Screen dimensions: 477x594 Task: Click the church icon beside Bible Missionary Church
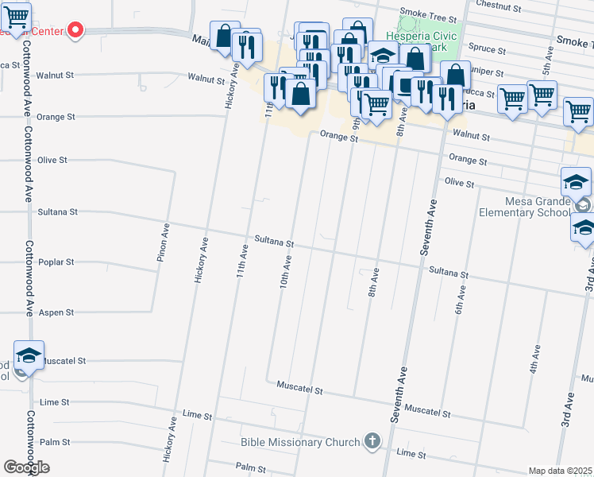pos(372,440)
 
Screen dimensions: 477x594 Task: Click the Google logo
pos(27,467)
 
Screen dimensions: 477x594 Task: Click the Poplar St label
pos(56,262)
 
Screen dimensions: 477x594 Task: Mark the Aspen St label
pos(56,312)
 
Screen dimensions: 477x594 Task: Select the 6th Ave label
pos(459,301)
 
